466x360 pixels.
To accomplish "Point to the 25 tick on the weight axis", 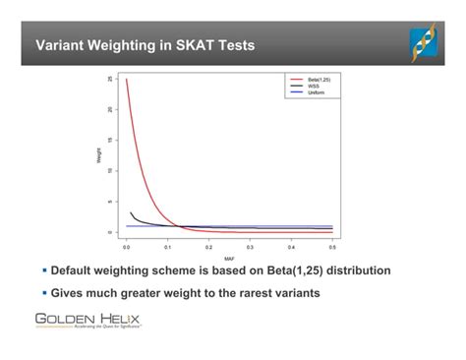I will coord(111,79).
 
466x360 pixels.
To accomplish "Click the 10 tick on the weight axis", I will coord(111,170).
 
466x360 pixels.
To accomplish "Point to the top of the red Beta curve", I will coord(128,81).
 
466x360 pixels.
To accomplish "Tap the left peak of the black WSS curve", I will coord(132,212).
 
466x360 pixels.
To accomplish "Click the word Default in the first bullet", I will coord(78,270).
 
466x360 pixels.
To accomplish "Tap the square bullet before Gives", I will coord(45,292).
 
